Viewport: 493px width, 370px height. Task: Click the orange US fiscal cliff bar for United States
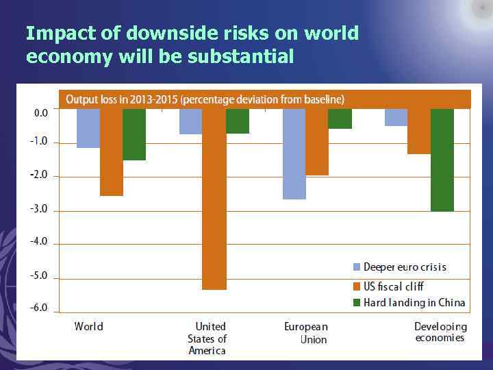[214, 199]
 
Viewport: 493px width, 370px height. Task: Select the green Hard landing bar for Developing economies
[442, 160]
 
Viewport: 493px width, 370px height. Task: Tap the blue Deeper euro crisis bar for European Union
[294, 153]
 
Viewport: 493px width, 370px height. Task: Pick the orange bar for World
[111, 152]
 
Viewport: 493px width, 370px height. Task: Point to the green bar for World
[134, 134]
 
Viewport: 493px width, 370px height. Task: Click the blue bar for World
[88, 128]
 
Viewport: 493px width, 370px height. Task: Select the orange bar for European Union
[317, 142]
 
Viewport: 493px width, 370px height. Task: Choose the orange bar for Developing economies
[419, 131]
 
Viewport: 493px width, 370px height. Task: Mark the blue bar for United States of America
[190, 121]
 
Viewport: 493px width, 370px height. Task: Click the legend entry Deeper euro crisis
[404, 267]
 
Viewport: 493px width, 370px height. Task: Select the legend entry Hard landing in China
[414, 303]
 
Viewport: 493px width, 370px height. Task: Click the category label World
[89, 327]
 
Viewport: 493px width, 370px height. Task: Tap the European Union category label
[306, 333]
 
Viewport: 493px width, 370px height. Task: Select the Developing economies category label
[440, 332]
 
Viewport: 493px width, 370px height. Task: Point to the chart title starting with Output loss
[205, 100]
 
